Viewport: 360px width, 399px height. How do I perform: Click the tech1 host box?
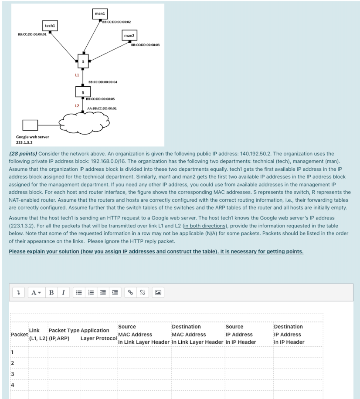coord(50,26)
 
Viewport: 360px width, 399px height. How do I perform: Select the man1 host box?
coord(100,14)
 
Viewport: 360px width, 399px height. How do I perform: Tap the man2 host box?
coord(129,35)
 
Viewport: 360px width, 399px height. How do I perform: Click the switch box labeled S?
coord(83,61)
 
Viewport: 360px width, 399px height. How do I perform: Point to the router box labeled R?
coord(83,91)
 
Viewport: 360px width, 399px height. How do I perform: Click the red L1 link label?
coord(77,75)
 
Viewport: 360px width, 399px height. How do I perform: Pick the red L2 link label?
coord(77,105)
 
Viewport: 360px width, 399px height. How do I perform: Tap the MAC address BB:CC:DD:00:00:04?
coord(102,81)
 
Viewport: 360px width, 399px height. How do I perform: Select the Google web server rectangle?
coord(31,125)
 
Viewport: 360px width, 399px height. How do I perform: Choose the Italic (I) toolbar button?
coord(63,293)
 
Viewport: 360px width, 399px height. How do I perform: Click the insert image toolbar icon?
coord(158,293)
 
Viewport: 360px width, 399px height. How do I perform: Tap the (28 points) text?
coord(23,154)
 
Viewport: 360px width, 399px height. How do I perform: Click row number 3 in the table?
coord(13,374)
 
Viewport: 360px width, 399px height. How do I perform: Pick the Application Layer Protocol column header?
coord(98,334)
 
